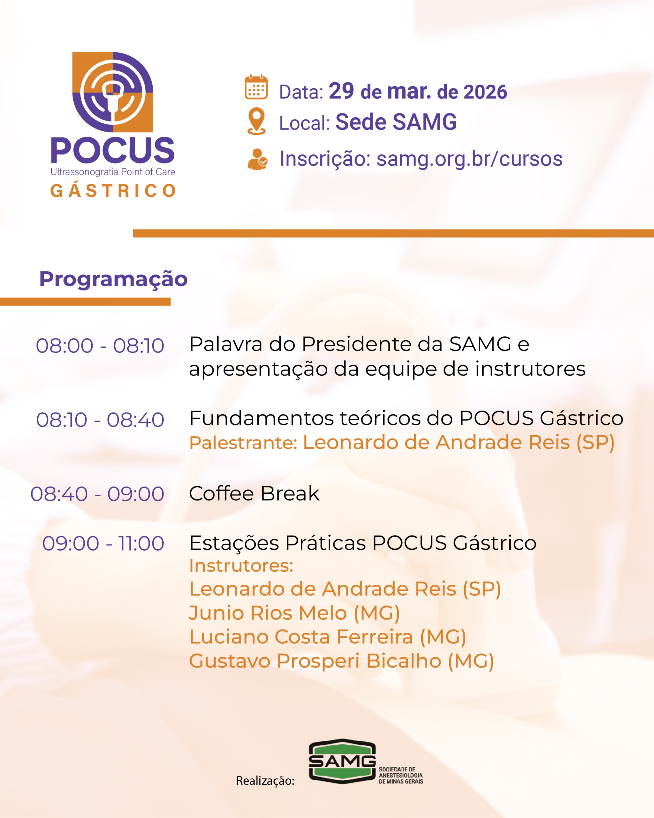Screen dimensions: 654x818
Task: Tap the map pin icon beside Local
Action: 256,121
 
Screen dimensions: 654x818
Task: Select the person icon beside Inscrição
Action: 257,159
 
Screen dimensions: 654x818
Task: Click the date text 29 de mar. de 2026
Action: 418,91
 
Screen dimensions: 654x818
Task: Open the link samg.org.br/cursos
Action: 469,158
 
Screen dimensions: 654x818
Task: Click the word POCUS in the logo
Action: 113,150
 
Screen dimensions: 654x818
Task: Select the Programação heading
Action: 113,280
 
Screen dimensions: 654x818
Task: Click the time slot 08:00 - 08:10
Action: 100,346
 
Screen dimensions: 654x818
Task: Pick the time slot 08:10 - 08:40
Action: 100,420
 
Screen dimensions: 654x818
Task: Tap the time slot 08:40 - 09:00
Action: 97,494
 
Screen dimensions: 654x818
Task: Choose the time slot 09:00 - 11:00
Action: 103,543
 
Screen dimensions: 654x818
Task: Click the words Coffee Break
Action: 254,493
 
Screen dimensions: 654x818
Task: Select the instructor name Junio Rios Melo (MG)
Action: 294,613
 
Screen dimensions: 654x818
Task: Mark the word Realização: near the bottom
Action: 265,781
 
